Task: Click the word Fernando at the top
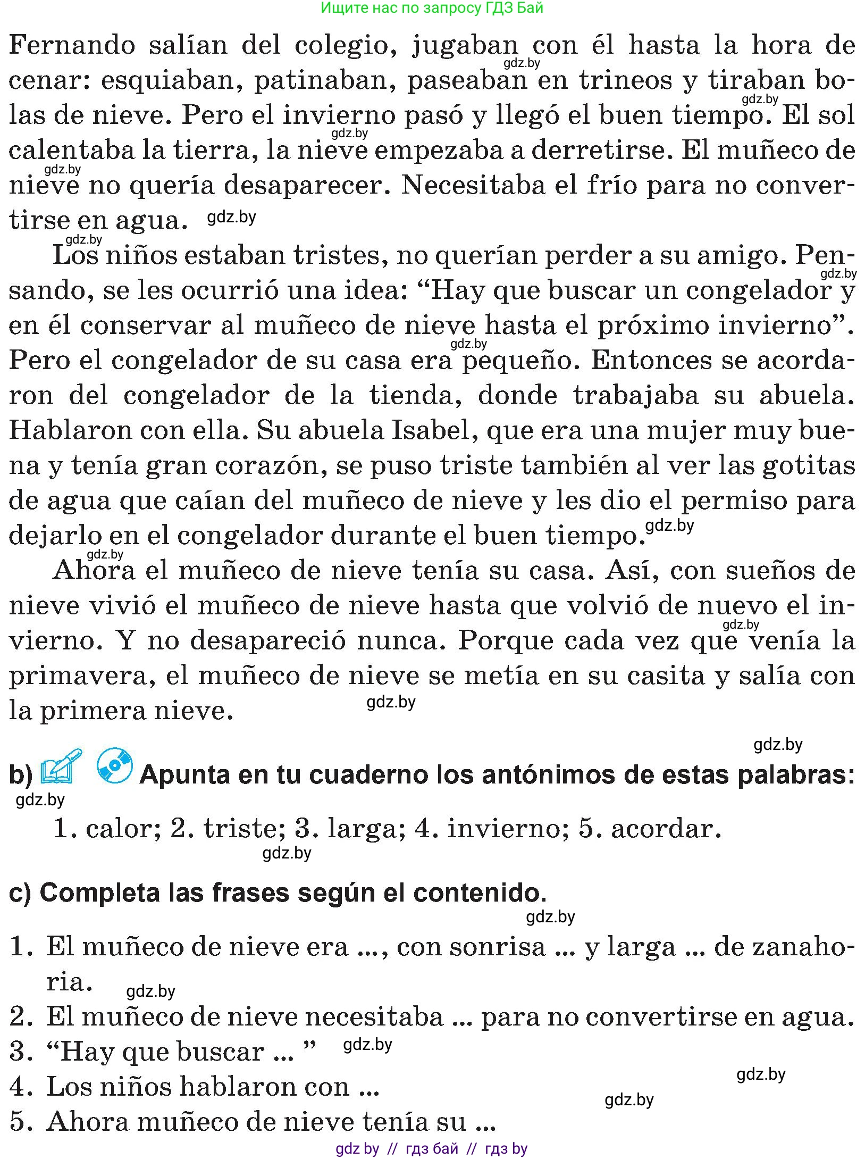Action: click(x=72, y=45)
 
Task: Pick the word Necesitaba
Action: click(x=488, y=185)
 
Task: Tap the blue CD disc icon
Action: click(x=114, y=766)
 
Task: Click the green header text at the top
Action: click(x=432, y=8)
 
